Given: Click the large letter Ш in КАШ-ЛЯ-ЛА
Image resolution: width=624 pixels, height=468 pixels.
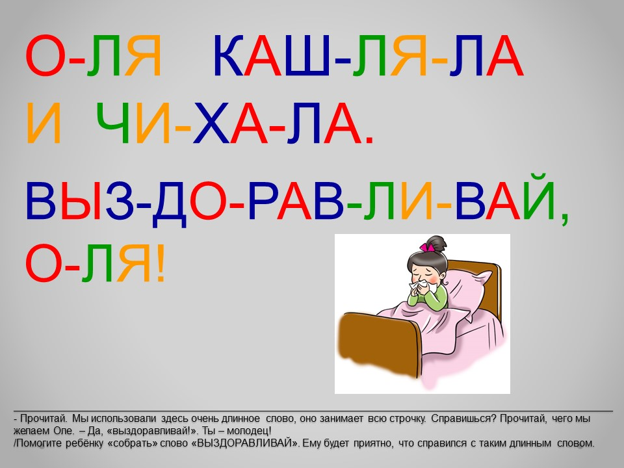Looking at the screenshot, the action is pos(305,56).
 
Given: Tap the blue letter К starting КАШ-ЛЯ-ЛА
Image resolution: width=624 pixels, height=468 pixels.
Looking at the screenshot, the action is pos(228,56).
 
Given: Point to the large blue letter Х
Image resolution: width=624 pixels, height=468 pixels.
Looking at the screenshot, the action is pos(211,123).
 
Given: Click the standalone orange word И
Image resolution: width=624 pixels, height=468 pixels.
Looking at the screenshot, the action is pos(44,123).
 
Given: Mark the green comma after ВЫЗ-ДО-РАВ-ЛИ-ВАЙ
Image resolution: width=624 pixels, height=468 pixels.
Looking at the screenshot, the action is pos(564,219).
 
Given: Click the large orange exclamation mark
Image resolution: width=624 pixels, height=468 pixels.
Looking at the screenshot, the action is pos(161,263).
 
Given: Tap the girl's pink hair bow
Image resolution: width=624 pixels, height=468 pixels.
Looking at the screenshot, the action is pos(426,247).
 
